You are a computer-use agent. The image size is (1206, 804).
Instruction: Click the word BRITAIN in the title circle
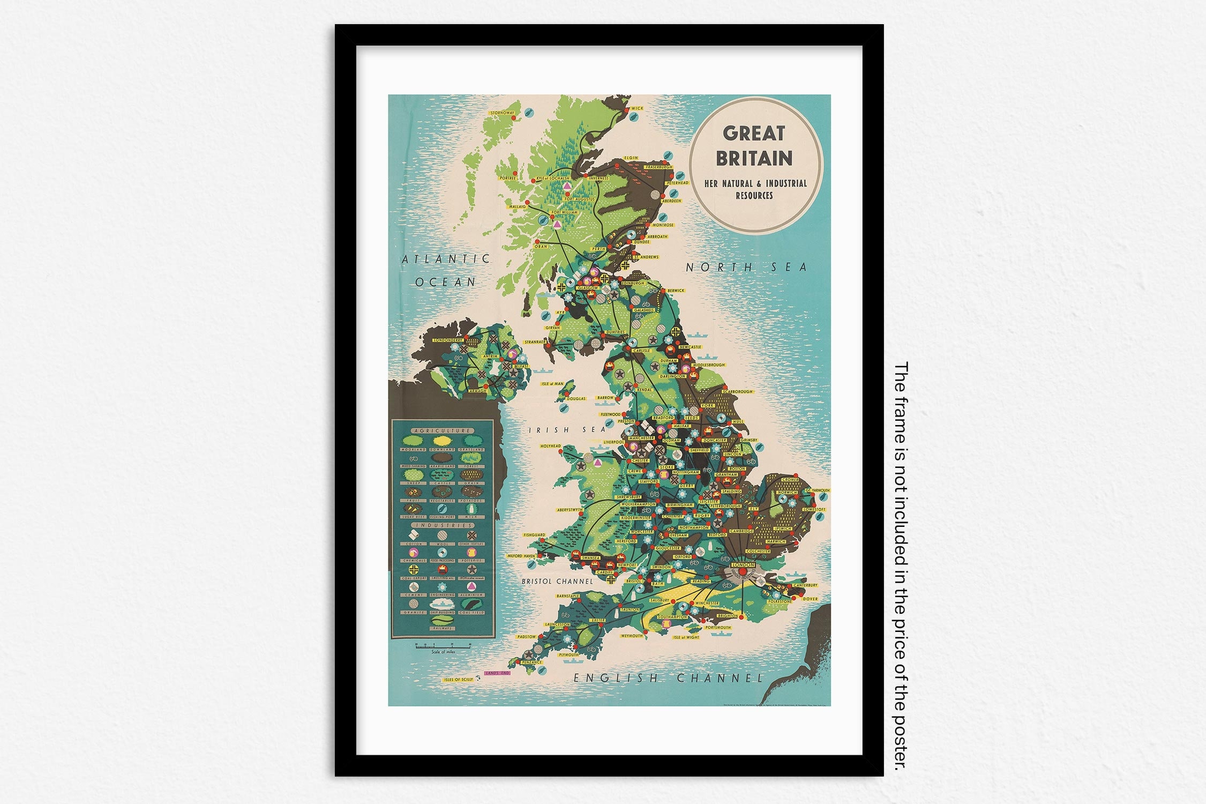pos(754,159)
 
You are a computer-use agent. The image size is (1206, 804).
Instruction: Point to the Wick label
pos(637,108)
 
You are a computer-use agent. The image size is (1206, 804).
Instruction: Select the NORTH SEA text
pos(746,267)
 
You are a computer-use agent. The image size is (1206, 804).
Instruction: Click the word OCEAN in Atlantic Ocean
pos(446,282)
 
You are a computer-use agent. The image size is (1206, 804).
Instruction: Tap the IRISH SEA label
pos(568,430)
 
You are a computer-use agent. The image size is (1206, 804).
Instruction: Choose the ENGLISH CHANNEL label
pos(668,678)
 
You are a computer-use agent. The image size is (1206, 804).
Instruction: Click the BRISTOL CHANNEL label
pos(558,582)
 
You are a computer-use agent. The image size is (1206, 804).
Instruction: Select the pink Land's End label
pos(497,673)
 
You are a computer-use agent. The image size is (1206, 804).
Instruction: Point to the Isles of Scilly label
pos(458,680)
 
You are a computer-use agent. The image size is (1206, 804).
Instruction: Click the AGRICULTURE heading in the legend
pos(443,430)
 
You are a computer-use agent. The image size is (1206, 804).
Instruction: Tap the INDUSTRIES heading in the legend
pos(443,525)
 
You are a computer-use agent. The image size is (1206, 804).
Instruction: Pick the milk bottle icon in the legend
pos(471,508)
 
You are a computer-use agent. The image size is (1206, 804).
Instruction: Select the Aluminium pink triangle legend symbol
pos(471,587)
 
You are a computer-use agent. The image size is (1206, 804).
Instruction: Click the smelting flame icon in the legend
pos(443,569)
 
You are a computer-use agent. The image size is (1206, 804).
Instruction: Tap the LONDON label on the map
pos(743,565)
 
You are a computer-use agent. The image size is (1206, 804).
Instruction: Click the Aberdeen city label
pos(671,201)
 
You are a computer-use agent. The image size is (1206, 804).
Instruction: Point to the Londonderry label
pos(447,340)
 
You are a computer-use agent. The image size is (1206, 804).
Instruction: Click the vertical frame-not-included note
pos(901,565)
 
